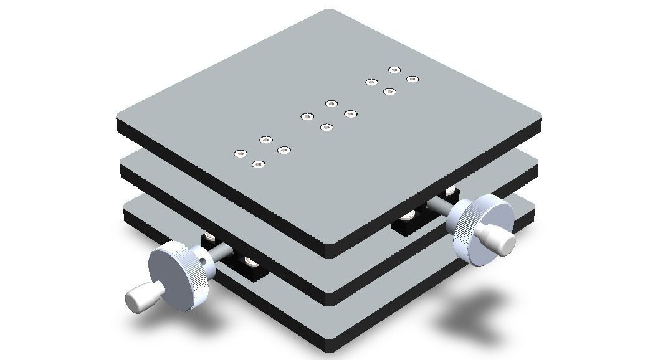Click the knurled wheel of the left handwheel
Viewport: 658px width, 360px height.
[181, 277]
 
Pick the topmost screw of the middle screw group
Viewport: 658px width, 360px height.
[331, 103]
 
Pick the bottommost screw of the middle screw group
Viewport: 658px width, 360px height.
[326, 128]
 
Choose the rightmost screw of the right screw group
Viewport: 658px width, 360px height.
[412, 79]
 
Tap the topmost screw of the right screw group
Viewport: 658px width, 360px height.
[394, 70]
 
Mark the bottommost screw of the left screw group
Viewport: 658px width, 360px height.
[259, 164]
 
